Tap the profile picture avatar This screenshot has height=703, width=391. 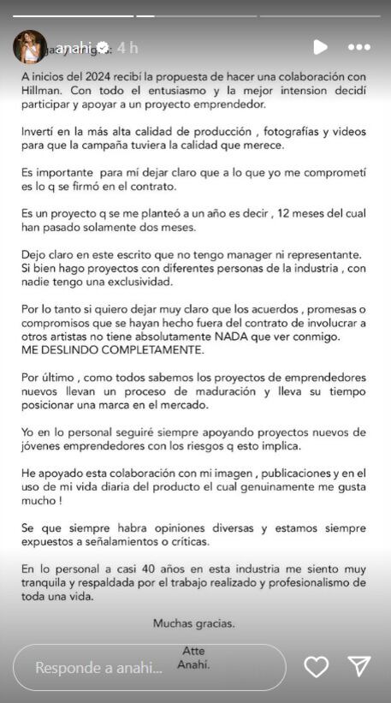coord(30,46)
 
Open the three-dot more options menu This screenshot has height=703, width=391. coord(359,47)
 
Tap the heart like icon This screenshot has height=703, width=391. coord(317,666)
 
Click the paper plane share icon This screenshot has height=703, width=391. coord(359,666)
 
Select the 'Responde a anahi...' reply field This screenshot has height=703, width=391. coord(150,667)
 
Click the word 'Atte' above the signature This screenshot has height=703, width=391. coord(194,651)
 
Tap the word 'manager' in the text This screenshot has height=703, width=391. coord(250,254)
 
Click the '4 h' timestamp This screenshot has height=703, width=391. coord(127,45)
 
